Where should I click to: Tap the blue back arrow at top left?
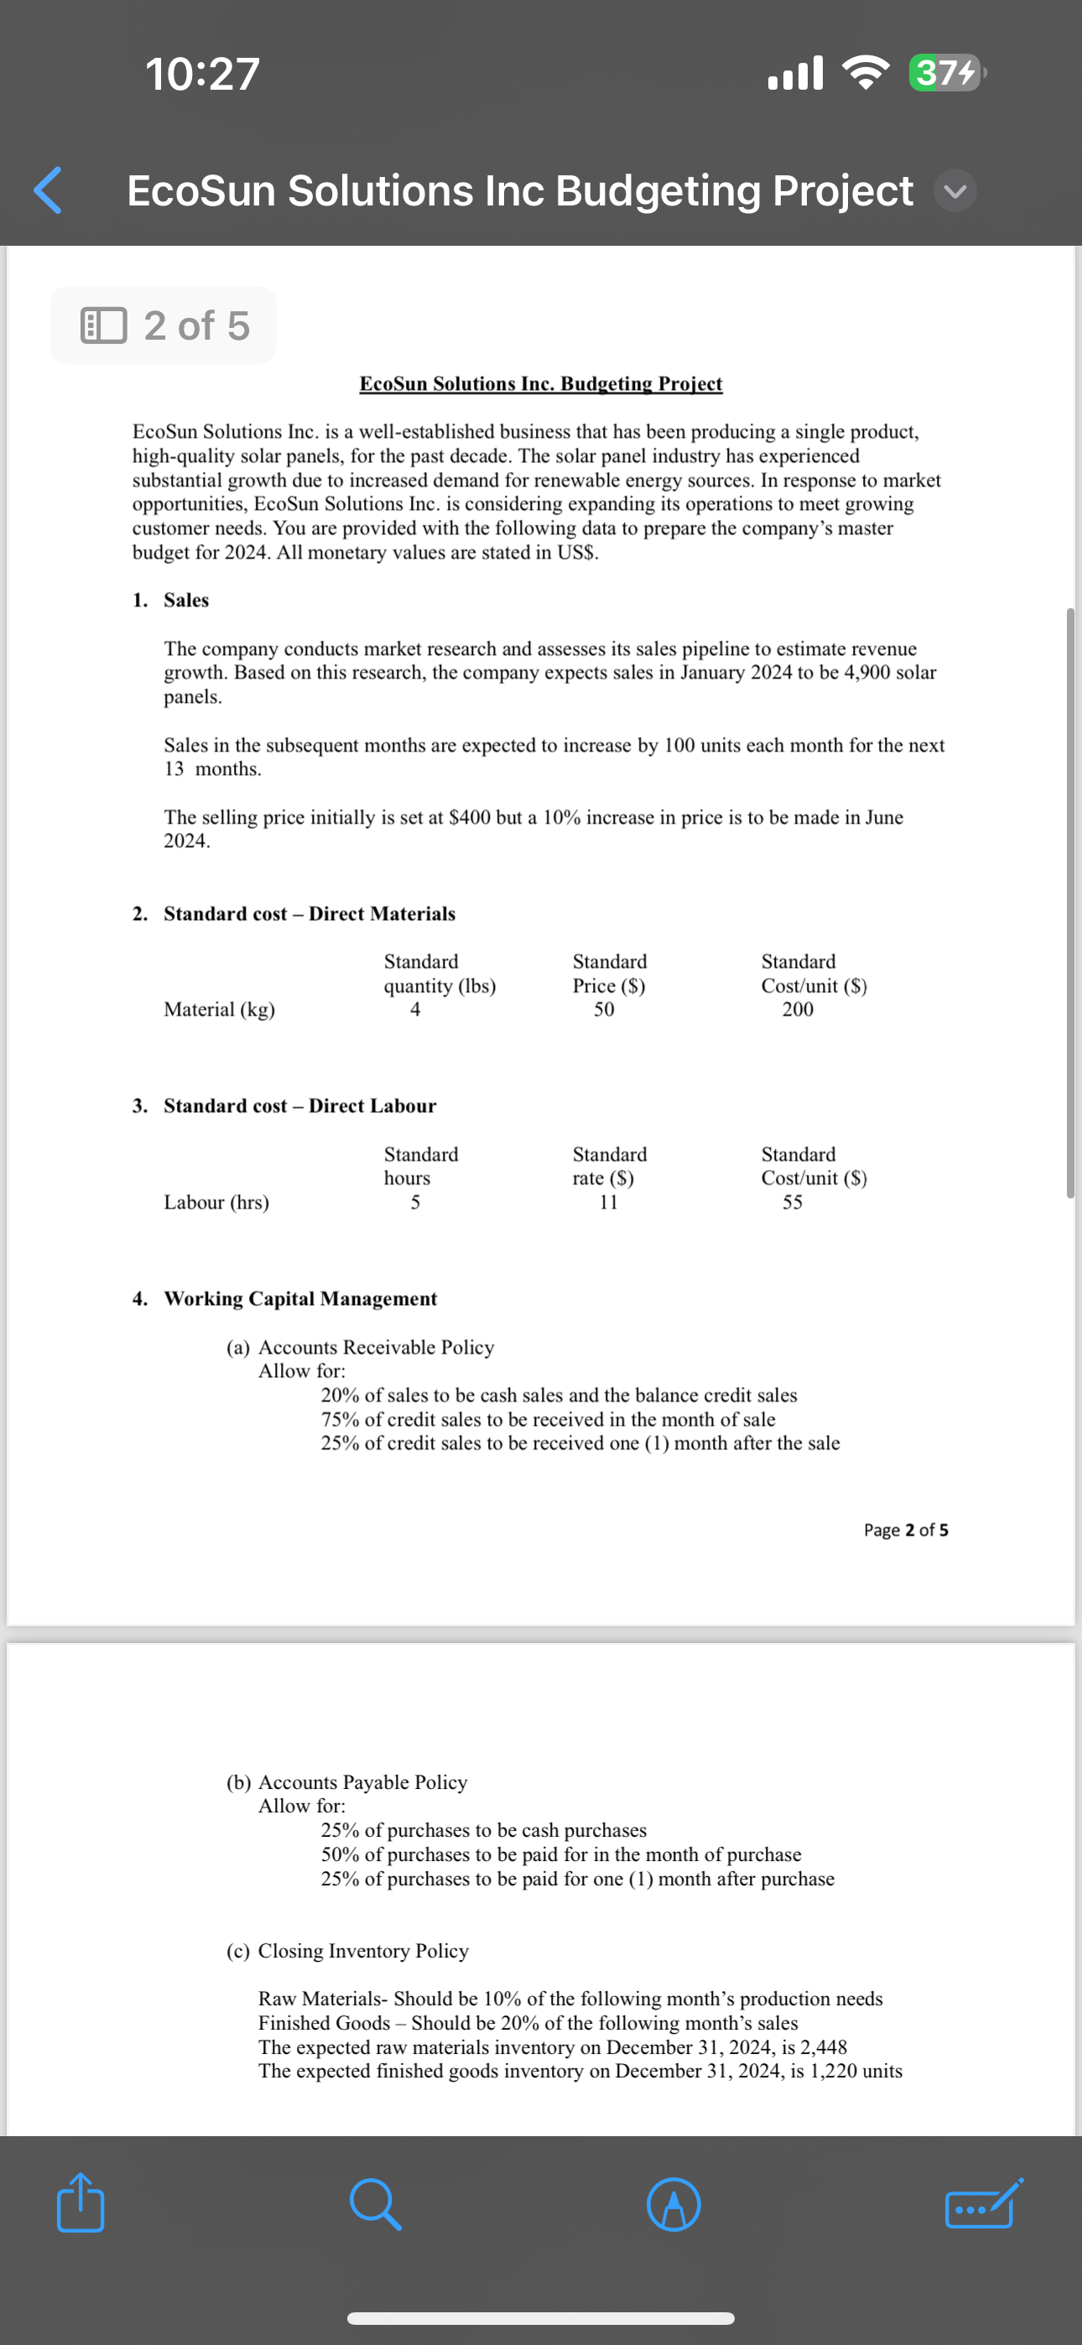click(x=47, y=190)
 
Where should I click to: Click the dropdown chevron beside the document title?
click(x=955, y=191)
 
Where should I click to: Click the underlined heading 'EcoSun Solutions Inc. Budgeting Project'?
click(x=540, y=384)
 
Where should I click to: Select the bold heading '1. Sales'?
click(x=171, y=600)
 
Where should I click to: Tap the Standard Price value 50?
click(x=604, y=1010)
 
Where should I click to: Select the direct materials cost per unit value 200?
click(x=797, y=1010)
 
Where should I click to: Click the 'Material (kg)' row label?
click(x=220, y=1010)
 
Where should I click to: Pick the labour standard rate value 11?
click(x=608, y=1203)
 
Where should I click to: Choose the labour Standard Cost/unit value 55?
click(x=793, y=1203)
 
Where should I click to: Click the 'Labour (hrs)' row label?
click(x=216, y=1203)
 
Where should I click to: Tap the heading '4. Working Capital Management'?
click(x=285, y=1299)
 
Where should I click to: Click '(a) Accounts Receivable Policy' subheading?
click(x=361, y=1347)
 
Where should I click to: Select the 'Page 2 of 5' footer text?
click(x=905, y=1531)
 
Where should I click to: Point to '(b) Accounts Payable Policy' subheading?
click(x=347, y=1782)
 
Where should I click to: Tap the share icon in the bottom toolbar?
click(x=81, y=2203)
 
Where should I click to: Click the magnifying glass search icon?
click(x=375, y=2204)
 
